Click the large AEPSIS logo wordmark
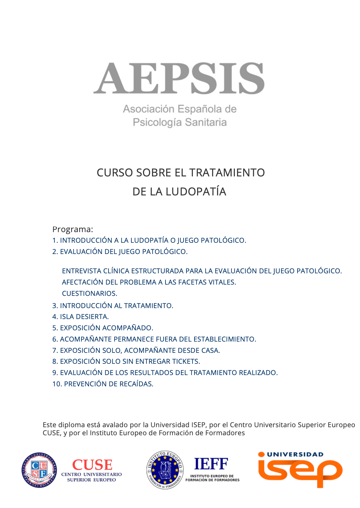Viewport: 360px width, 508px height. pyautogui.click(x=179, y=78)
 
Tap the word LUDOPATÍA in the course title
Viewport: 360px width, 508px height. pyautogui.click(x=196, y=192)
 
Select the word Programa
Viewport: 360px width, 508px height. pyautogui.click(x=72, y=229)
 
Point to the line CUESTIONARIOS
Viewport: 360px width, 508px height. pyautogui.click(x=90, y=293)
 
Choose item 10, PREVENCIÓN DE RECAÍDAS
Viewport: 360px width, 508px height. pyautogui.click(x=103, y=384)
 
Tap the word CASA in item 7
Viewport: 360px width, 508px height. pyautogui.click(x=210, y=350)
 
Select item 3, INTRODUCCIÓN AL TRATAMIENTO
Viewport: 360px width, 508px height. pyautogui.click(x=113, y=306)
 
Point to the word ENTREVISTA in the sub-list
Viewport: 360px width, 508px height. pyautogui.click(x=81, y=271)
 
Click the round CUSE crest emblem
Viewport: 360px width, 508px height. pyautogui.click(x=39, y=470)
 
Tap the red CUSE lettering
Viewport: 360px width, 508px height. pyautogui.click(x=92, y=465)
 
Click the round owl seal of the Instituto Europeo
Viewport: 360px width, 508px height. pyautogui.click(x=165, y=470)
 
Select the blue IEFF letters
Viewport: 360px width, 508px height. pyautogui.click(x=211, y=464)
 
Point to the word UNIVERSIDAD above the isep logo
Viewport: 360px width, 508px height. pyautogui.click(x=295, y=454)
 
